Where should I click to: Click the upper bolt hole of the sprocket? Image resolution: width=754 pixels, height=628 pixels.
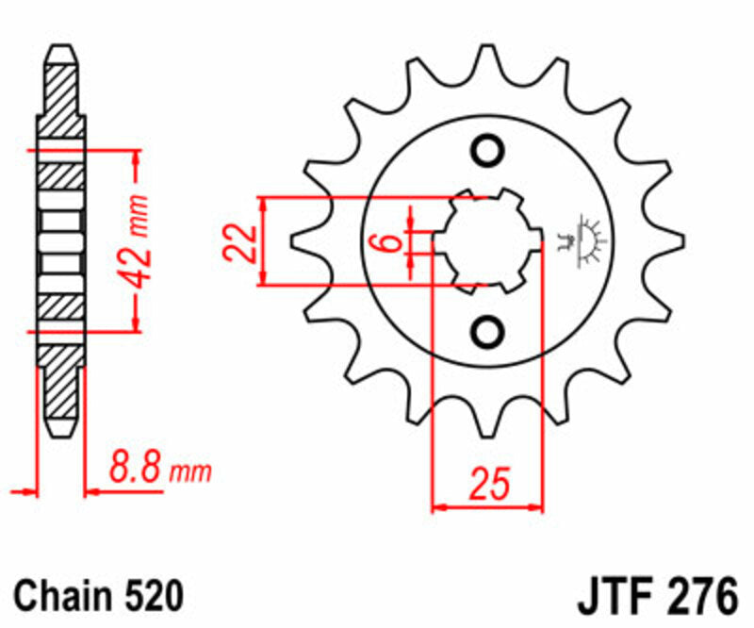point(488,151)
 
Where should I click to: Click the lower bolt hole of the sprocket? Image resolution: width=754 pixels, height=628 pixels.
point(488,330)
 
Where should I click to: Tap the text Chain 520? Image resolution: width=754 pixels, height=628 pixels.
point(98,596)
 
